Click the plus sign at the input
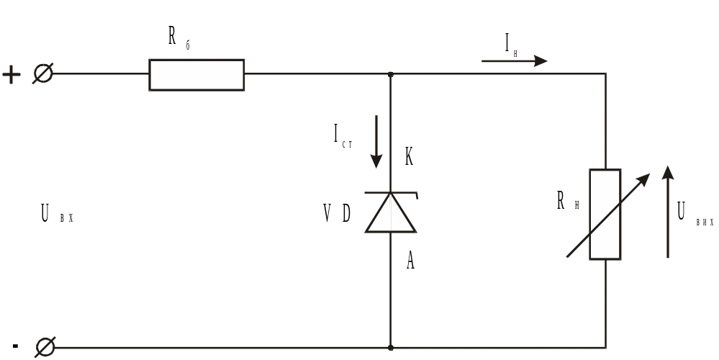[12, 74]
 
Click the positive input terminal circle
[43, 73]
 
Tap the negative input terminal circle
[45, 348]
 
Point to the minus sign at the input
[15, 346]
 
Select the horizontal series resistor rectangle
[196, 75]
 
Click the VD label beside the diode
[337, 214]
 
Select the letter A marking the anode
[410, 261]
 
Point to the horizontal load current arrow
[514, 61]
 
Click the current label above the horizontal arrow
[511, 44]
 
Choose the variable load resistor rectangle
[605, 214]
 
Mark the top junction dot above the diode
[391, 74]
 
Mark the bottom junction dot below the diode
[391, 348]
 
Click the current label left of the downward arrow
[343, 135]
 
